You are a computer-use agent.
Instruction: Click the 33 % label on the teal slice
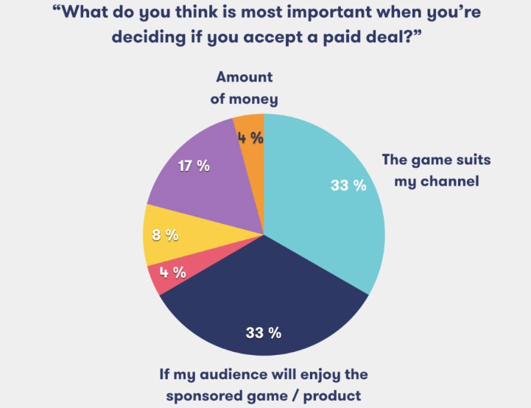pyautogui.click(x=348, y=185)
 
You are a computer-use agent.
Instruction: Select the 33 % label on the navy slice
pyautogui.click(x=264, y=332)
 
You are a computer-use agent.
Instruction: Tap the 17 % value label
pyautogui.click(x=194, y=166)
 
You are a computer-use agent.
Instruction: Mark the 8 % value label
pyautogui.click(x=165, y=235)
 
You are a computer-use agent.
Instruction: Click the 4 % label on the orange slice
pyautogui.click(x=250, y=137)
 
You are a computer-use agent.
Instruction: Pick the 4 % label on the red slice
pyautogui.click(x=172, y=272)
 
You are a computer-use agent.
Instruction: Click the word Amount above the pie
pyautogui.click(x=244, y=77)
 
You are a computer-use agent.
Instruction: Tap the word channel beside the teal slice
pyautogui.click(x=449, y=180)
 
